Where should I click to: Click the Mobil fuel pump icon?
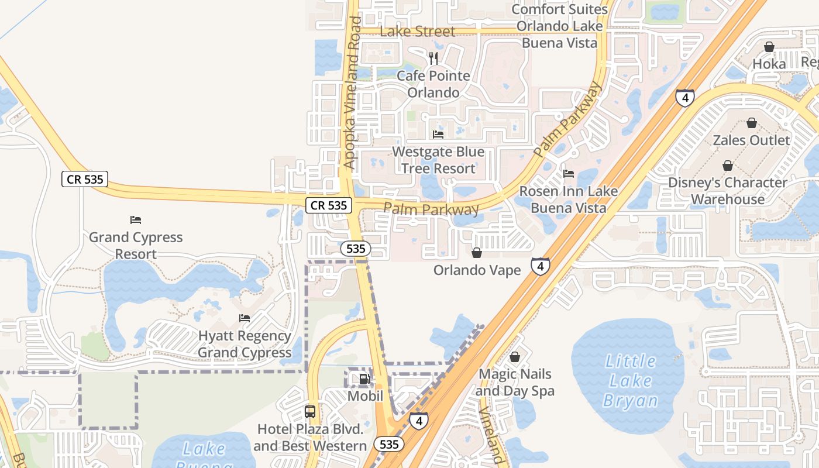(x=364, y=378)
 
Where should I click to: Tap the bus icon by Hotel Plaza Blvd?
(x=310, y=411)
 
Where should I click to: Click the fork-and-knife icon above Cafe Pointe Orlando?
(x=433, y=58)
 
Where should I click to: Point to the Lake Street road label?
(x=417, y=31)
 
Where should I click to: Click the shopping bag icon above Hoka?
(x=769, y=46)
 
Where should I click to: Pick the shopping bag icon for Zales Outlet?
(x=752, y=123)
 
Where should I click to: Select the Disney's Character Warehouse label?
(x=728, y=191)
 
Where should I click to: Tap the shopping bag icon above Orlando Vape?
(x=477, y=253)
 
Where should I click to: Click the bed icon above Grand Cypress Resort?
(x=136, y=220)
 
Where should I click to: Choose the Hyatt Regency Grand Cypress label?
(x=245, y=344)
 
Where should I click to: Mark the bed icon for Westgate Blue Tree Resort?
(x=438, y=134)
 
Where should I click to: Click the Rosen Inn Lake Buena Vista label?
(x=568, y=199)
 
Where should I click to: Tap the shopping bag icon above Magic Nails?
(x=515, y=356)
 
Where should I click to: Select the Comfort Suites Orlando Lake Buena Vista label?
(x=560, y=26)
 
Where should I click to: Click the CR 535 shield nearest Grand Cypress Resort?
(x=85, y=179)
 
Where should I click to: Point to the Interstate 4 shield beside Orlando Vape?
(x=540, y=266)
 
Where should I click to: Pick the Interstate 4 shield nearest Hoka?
(x=685, y=97)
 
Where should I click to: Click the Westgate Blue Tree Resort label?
(x=438, y=160)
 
